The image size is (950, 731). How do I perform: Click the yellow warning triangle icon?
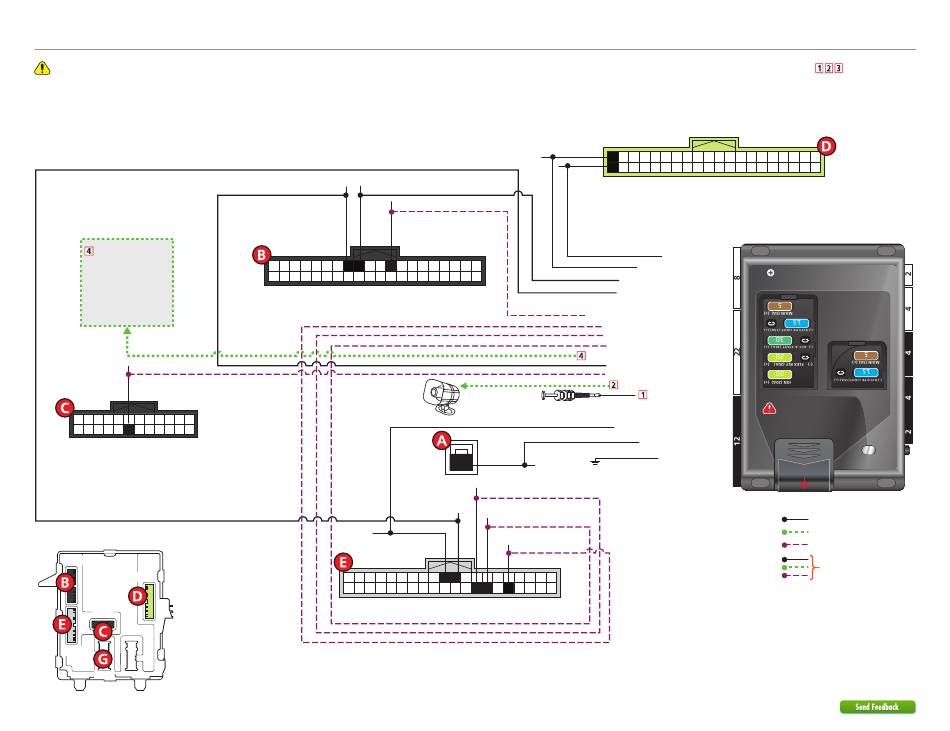point(42,68)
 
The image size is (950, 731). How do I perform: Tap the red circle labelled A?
point(442,439)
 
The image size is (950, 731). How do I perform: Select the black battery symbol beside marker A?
point(461,461)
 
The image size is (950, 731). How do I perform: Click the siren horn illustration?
point(441,396)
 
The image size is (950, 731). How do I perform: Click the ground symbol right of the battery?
point(595,461)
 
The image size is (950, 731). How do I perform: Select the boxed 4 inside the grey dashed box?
point(90,251)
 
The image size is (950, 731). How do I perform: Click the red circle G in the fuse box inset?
point(101,659)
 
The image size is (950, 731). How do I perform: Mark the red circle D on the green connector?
point(825,146)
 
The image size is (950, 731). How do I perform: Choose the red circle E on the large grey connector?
point(343,563)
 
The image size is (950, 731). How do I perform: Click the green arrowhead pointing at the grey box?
point(126,331)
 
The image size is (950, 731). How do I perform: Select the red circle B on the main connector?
point(261,255)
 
